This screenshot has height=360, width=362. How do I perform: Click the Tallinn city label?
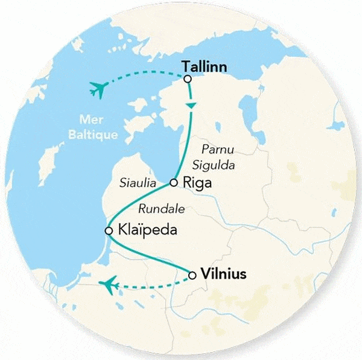(205, 67)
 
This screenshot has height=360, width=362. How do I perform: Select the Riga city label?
(198, 183)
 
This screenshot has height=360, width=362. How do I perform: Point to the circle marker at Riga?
(174, 182)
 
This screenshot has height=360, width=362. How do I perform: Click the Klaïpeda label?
(139, 231)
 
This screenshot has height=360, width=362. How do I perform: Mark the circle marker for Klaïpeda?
(109, 230)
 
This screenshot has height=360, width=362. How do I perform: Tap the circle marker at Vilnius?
(192, 276)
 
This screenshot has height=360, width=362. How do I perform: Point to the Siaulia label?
(139, 181)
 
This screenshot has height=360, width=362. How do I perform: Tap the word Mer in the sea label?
(88, 118)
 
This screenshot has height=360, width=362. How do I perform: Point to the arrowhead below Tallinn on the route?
(191, 106)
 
